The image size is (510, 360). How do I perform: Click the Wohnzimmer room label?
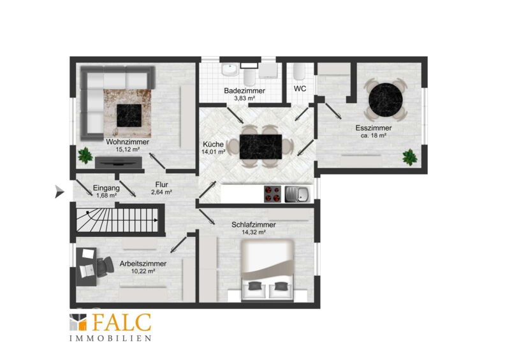click(x=127, y=142)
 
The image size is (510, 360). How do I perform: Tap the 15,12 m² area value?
click(x=127, y=150)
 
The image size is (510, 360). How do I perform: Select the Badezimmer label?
click(x=245, y=90)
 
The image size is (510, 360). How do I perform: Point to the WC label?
click(x=300, y=89)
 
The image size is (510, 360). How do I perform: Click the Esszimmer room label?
click(x=374, y=128)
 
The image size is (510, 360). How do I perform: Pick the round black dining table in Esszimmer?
click(x=386, y=100)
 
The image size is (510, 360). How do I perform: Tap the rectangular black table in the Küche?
click(x=261, y=147)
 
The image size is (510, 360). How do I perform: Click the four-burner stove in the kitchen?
click(x=272, y=194)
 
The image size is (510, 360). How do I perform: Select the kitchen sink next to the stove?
click(x=298, y=194)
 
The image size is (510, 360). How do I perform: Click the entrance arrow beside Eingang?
click(x=59, y=191)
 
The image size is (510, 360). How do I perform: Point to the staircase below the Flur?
click(x=117, y=220)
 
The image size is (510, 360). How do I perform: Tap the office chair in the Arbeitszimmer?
click(x=105, y=266)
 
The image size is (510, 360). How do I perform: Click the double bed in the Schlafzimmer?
click(x=267, y=270)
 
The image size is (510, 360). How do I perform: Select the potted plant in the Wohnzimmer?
click(x=85, y=155)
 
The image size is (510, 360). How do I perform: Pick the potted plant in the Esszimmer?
click(x=410, y=157)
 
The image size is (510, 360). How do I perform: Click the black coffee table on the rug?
click(x=129, y=115)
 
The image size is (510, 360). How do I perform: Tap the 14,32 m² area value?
click(x=254, y=232)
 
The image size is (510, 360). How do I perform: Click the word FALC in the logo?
click(x=122, y=322)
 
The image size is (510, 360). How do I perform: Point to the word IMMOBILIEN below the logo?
click(x=110, y=338)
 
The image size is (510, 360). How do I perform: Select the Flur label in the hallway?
click(x=162, y=184)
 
